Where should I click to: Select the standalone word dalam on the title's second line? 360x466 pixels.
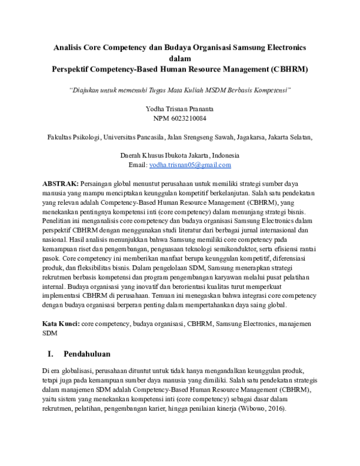pyautogui.click(x=180, y=58)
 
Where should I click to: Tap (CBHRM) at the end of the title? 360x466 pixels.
pyautogui.click(x=290, y=69)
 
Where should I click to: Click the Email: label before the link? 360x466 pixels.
pyautogui.click(x=138, y=165)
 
